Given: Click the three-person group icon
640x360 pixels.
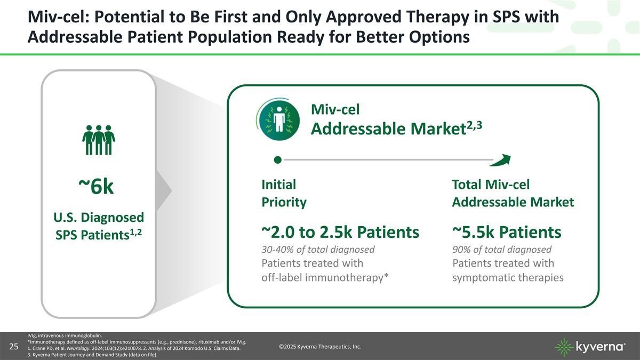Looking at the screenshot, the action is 99,140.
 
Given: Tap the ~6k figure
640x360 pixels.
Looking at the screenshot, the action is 96,186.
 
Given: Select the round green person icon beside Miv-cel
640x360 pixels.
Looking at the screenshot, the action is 279,121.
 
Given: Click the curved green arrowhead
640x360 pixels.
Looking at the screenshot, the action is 500,160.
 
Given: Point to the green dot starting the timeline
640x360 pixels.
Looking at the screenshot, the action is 277,159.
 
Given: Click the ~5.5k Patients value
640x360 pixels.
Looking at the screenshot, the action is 507,231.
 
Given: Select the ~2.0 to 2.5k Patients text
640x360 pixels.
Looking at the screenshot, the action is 340,231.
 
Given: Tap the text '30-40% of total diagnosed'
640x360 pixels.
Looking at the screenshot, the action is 318,250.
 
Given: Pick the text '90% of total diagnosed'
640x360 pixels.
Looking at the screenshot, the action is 502,250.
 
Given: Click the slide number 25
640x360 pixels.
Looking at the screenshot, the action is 14,347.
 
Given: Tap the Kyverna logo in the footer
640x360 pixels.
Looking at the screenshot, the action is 590,347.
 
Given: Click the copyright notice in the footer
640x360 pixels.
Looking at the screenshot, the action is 320,347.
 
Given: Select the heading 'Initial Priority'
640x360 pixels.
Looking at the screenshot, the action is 284,193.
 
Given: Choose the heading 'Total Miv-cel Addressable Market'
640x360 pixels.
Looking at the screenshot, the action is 513,193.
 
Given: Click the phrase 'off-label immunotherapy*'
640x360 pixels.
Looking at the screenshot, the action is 325,277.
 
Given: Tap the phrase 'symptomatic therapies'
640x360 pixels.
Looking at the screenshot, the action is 508,277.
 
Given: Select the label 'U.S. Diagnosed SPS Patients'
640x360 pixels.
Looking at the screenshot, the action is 99,226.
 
